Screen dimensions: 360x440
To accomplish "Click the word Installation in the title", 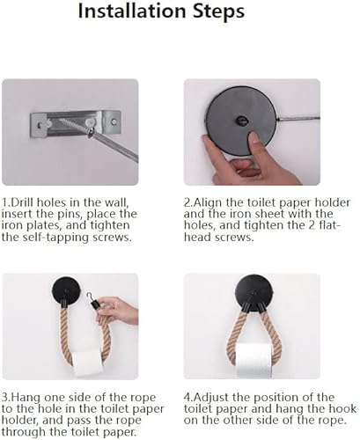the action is [132, 11].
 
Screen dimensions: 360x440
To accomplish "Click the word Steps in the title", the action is [218, 12].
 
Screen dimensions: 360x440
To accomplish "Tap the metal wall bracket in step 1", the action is [76, 123].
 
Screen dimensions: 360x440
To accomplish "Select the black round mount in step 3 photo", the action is [66, 290].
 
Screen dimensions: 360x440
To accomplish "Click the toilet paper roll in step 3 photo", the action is [87, 363].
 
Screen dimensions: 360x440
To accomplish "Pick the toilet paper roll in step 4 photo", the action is [254, 361].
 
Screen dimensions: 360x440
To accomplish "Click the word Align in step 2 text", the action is [209, 203].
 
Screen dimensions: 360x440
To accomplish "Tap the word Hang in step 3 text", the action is [25, 398].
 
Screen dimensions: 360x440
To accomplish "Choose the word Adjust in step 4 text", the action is [211, 398].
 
